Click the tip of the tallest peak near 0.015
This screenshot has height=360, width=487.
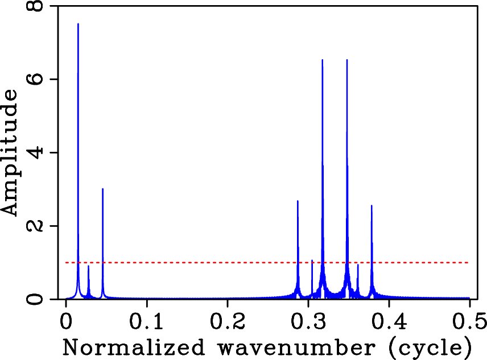[78, 24]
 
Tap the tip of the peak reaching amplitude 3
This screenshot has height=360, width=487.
[102, 189]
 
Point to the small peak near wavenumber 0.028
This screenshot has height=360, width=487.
[88, 266]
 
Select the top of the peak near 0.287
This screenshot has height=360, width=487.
[298, 201]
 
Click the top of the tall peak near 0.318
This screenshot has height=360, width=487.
[323, 60]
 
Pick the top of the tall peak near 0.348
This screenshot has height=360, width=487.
[347, 60]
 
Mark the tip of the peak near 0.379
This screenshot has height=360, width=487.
[372, 206]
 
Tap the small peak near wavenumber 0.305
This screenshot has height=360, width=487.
[312, 260]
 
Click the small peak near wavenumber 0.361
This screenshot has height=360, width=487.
[357, 264]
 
